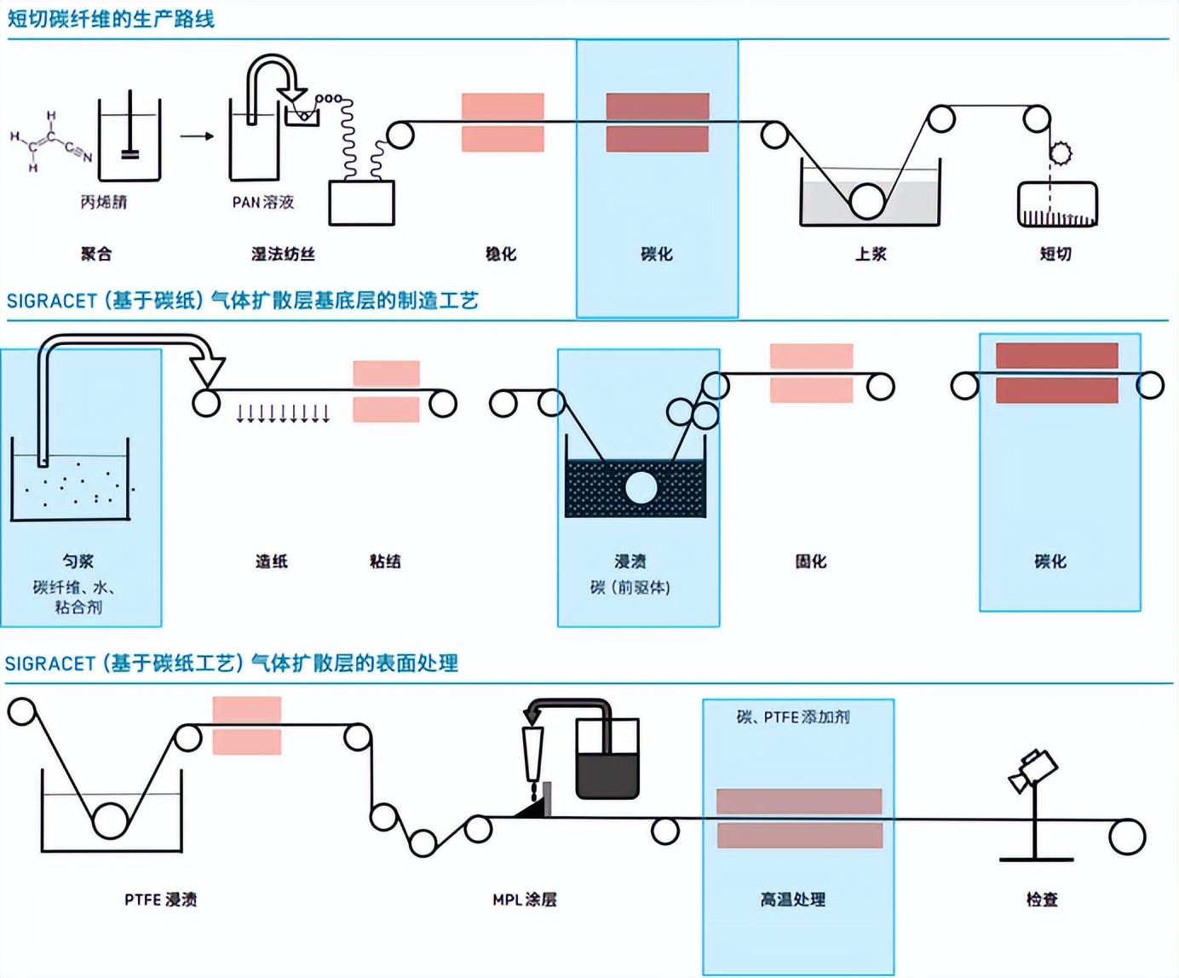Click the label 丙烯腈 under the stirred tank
[x=103, y=202]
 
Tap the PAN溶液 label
[x=262, y=202]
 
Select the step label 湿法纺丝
[x=283, y=254]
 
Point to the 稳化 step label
[x=501, y=254]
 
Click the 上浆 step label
[x=871, y=254]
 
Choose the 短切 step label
[x=1055, y=254]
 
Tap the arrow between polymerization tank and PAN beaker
[x=197, y=136]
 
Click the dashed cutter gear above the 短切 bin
[x=1060, y=153]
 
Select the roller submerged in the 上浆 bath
[x=866, y=201]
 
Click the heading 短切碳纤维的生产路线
[x=111, y=19]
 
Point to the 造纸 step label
[x=272, y=561]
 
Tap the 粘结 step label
[x=385, y=561]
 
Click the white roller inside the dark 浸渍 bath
[x=641, y=488]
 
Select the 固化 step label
[x=810, y=561]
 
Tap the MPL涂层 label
[x=524, y=900]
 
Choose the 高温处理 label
[x=792, y=900]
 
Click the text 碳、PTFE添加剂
[x=793, y=717]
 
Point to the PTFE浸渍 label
[x=160, y=900]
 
